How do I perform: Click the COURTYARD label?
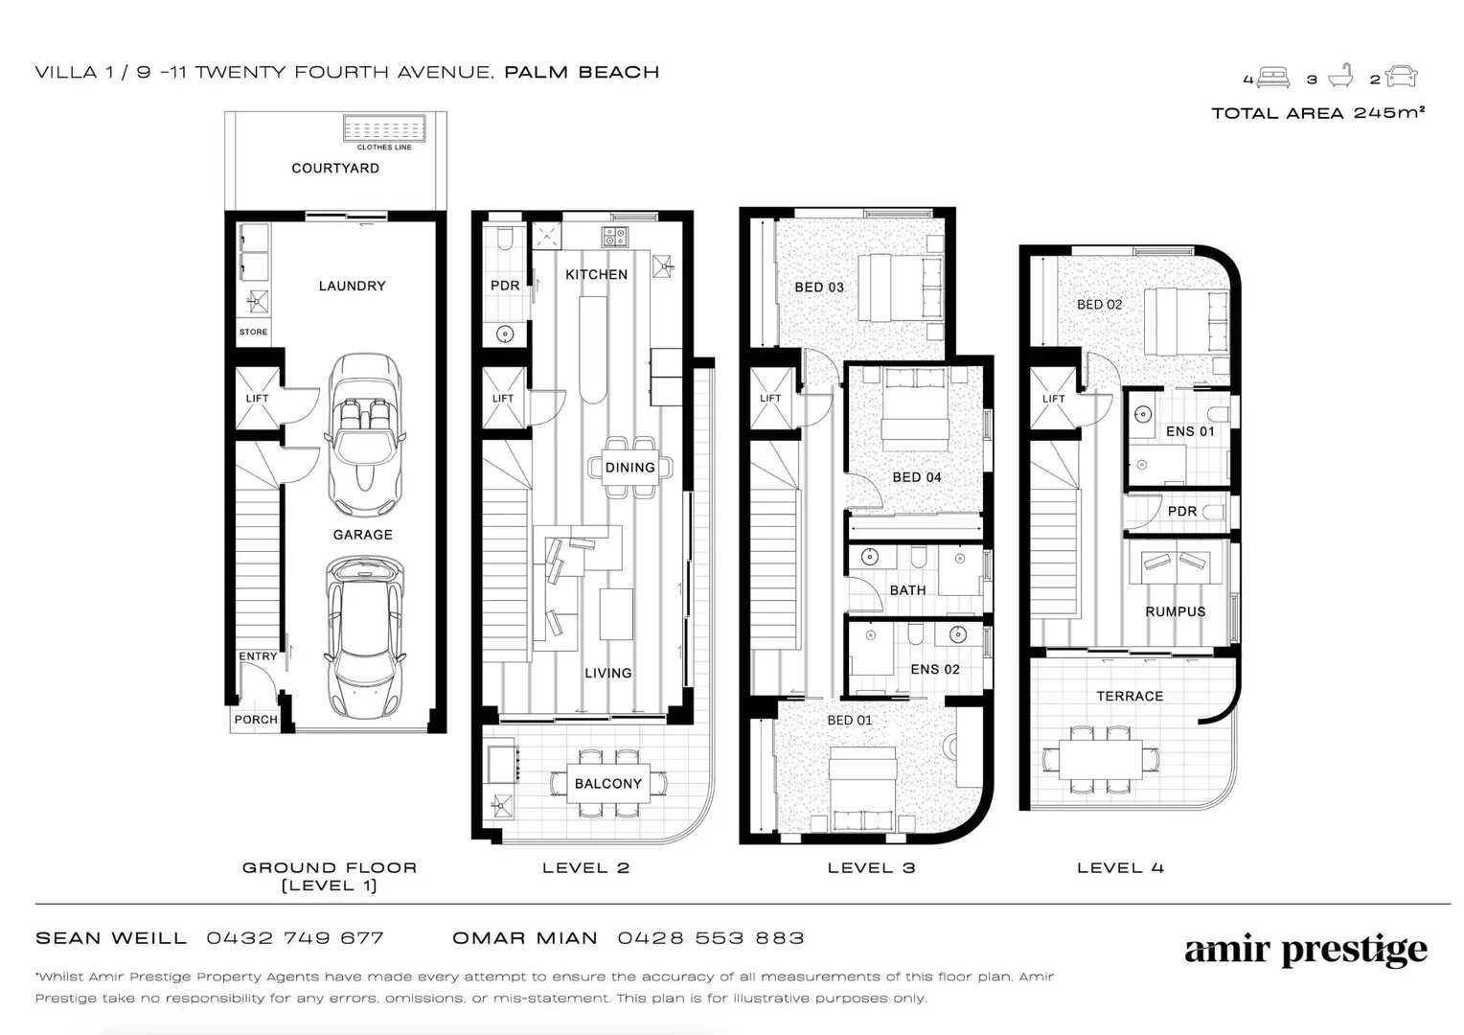335,168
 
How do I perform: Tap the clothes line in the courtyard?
384,128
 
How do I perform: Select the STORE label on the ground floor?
253,332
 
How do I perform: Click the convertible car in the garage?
365,435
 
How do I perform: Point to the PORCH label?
256,719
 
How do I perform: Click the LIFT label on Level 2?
503,398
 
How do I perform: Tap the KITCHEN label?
596,275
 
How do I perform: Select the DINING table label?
630,468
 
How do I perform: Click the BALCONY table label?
607,783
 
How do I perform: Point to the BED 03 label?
819,287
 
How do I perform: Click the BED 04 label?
917,477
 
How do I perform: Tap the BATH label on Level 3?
907,589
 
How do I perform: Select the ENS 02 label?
934,669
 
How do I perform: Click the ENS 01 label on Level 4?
1190,431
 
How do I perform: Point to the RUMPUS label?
1175,611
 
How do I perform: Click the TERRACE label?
1130,697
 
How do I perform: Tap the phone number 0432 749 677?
295,938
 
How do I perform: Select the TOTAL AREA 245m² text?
1317,113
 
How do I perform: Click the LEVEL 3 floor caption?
871,868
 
